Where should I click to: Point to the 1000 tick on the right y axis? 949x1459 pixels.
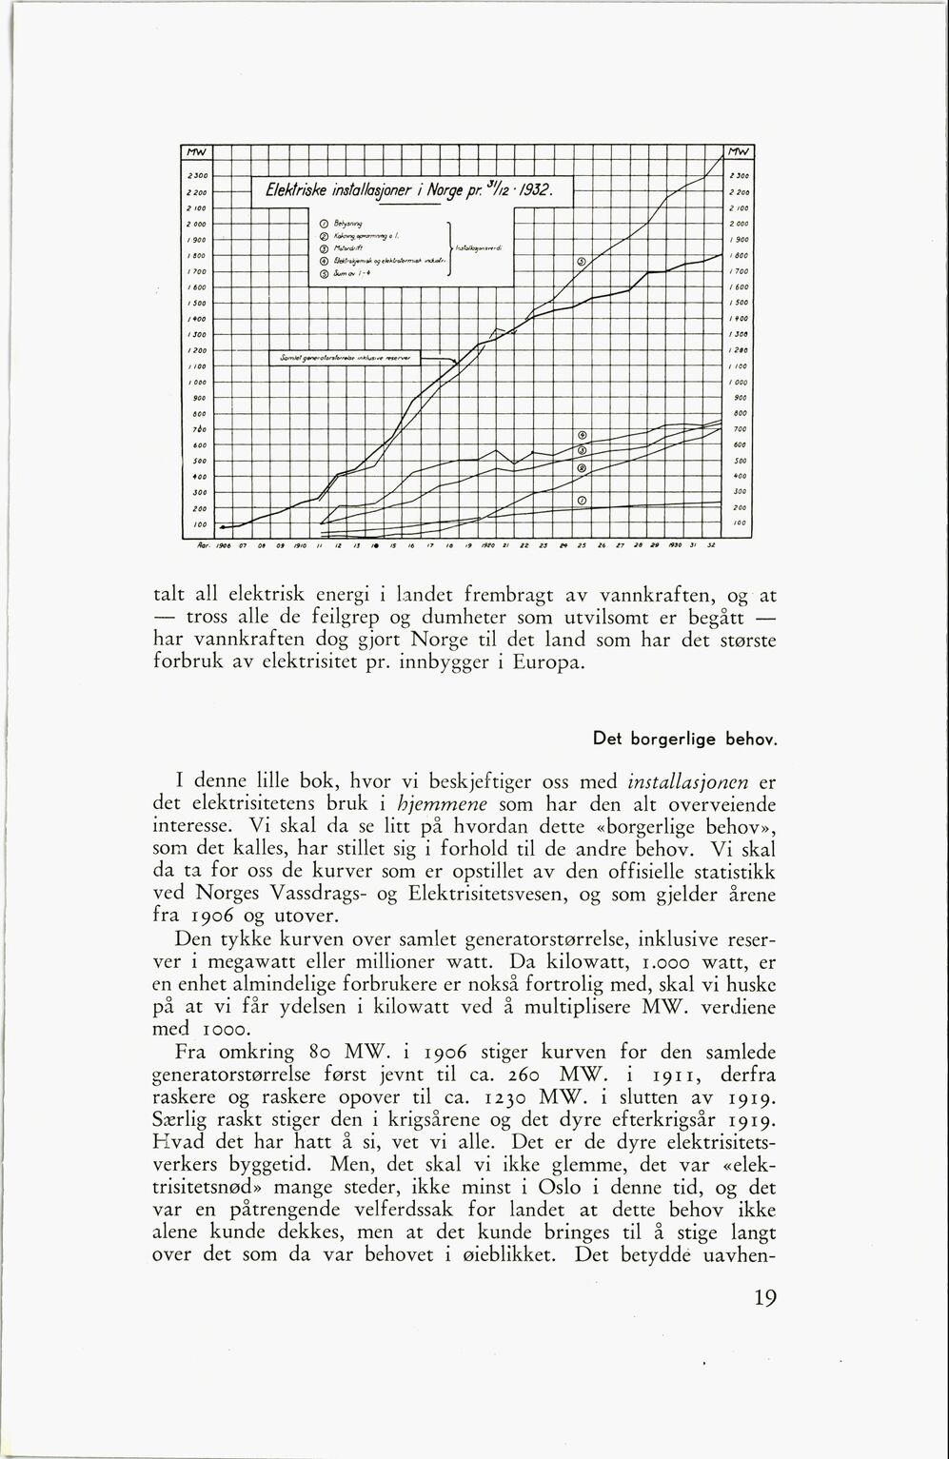click(739, 382)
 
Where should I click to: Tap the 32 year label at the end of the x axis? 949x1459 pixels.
click(710, 546)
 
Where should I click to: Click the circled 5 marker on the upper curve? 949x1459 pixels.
click(582, 264)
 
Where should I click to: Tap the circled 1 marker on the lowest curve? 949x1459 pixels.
click(582, 501)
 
